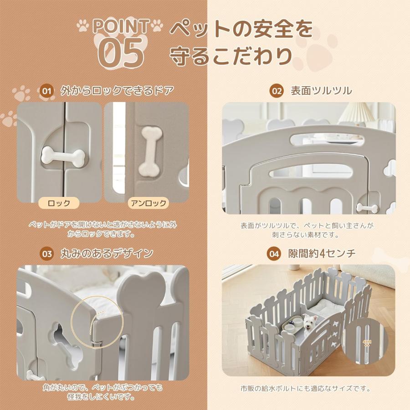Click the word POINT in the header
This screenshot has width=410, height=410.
(x=121, y=26)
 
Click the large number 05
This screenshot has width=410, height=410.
(x=121, y=52)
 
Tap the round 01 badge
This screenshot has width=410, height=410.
(x=47, y=91)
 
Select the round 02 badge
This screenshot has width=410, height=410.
(x=277, y=91)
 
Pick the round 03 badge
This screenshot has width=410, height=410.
(x=47, y=254)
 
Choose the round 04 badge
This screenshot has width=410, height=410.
(x=274, y=254)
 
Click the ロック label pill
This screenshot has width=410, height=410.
(x=59, y=203)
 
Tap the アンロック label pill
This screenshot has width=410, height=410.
(x=148, y=203)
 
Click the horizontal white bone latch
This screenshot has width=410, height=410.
(x=63, y=157)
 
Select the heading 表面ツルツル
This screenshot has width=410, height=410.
(x=321, y=91)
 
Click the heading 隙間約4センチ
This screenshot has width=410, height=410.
(x=322, y=254)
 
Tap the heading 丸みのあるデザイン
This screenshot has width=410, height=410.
(x=107, y=254)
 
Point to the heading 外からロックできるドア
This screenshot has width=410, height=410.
(x=117, y=91)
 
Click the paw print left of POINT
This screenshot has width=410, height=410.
(x=82, y=26)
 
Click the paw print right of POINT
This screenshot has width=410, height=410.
(x=157, y=26)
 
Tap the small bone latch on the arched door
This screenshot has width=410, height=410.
(x=367, y=208)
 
